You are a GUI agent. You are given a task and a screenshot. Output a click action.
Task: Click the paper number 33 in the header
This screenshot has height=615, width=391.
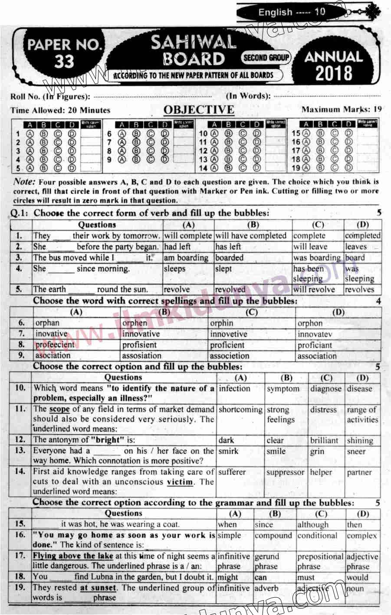[64, 62]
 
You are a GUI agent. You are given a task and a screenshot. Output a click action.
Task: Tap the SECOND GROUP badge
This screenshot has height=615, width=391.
[266, 58]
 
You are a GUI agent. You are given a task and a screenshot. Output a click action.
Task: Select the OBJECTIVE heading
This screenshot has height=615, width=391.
[199, 110]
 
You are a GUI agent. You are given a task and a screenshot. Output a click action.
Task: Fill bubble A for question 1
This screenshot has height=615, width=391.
[30, 133]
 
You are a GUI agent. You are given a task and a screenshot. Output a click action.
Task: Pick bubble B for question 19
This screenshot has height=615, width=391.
[321, 168]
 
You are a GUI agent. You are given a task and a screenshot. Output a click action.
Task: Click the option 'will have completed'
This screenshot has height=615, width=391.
[251, 236]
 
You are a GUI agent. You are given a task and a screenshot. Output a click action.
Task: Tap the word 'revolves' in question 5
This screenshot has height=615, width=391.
[360, 290]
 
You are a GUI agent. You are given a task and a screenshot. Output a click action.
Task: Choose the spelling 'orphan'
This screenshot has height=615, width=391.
[47, 323]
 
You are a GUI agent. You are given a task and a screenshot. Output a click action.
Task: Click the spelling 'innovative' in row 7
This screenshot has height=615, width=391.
[141, 334]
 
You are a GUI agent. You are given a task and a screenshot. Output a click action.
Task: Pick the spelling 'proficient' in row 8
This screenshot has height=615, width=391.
[227, 345]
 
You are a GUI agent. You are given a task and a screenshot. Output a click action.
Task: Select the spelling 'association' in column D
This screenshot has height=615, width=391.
[317, 356]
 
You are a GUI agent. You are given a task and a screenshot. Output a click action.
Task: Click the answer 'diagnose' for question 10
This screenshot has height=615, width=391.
[326, 389]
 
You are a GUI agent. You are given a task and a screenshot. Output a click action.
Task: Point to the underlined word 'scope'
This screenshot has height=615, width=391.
[59, 409]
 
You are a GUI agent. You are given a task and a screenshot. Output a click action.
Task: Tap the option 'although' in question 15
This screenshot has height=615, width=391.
[312, 524]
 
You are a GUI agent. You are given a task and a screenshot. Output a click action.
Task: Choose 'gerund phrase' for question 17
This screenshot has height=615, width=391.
[266, 561]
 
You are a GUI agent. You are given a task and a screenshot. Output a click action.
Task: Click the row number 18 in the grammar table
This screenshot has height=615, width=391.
[20, 576]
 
